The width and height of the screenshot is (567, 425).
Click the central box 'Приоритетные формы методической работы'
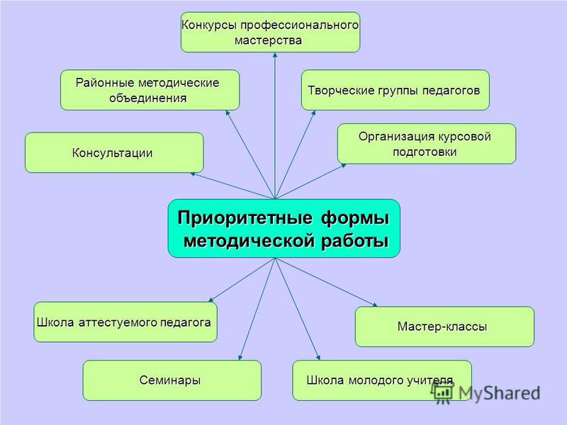(284, 228)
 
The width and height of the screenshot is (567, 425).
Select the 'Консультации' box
(114, 152)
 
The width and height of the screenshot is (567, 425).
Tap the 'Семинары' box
(172, 380)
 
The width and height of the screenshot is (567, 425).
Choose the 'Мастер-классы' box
(444, 327)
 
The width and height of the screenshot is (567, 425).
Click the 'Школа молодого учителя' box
(382, 380)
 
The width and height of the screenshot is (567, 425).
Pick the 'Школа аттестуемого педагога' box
(125, 322)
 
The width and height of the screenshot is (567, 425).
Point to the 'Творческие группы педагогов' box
(395, 90)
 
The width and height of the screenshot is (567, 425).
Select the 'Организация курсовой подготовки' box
(427, 144)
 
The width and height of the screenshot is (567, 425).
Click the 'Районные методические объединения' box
(150, 90)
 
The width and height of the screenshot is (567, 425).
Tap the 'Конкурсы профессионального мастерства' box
(271, 32)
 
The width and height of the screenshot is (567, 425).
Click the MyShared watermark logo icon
(442, 393)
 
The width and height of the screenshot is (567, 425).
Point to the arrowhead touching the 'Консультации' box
(193, 174)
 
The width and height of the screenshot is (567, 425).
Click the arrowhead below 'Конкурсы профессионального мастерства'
(275, 55)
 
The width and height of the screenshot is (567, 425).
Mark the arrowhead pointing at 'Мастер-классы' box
(375, 305)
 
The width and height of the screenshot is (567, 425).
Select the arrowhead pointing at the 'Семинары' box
(240, 358)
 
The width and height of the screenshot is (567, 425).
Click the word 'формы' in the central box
(355, 218)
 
